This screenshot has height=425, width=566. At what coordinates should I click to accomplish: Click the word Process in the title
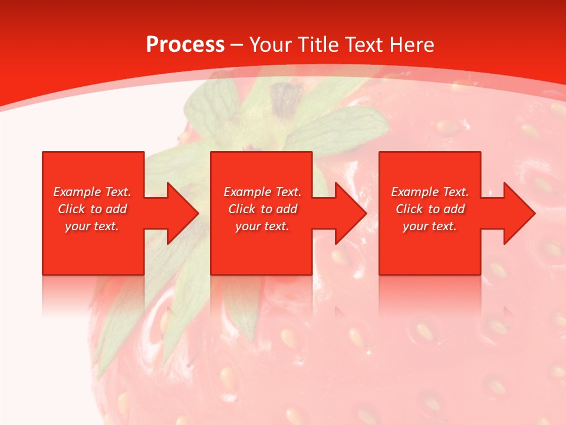[185, 44]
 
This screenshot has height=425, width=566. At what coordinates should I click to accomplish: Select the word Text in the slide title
[365, 44]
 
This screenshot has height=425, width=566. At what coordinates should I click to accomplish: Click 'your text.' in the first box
[92, 226]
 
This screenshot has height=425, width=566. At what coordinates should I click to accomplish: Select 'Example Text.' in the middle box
[262, 192]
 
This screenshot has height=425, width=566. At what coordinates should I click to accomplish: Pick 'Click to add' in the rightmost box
[430, 209]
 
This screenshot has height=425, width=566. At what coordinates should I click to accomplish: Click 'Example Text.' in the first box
[92, 192]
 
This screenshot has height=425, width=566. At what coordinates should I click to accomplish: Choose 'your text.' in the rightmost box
[430, 226]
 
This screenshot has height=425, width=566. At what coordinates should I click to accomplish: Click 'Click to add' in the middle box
[262, 209]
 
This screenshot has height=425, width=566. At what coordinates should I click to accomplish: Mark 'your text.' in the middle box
[262, 226]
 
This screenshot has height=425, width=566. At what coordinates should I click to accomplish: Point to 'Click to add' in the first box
[92, 209]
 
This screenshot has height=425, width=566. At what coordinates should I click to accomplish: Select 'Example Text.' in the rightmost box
[430, 192]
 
